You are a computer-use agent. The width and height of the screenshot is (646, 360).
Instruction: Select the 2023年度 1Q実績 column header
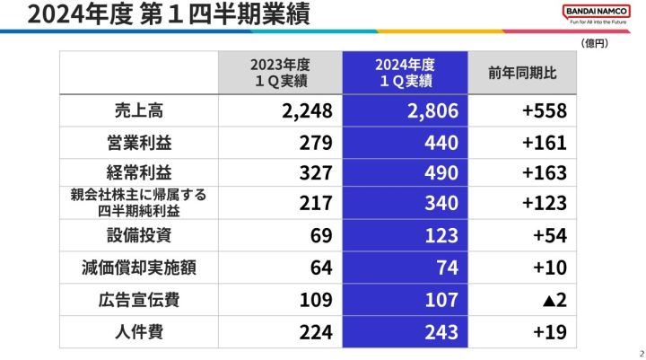coord(280,73)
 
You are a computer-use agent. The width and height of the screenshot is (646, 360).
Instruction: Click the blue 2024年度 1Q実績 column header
coord(405,73)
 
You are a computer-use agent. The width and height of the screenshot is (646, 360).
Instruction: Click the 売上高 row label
coord(139,111)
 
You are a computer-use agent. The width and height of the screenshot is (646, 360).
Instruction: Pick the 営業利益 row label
coord(139,142)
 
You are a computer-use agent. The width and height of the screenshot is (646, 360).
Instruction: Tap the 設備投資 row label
coord(139,235)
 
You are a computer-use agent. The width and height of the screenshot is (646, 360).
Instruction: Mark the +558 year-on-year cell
coord(544,111)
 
